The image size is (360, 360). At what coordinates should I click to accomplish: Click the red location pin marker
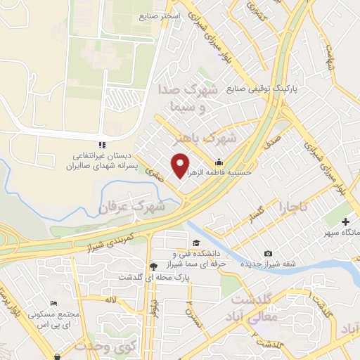[181, 165]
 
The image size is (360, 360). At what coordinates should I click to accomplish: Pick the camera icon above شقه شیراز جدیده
[268, 253]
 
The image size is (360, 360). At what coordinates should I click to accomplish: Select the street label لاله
[109, 300]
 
